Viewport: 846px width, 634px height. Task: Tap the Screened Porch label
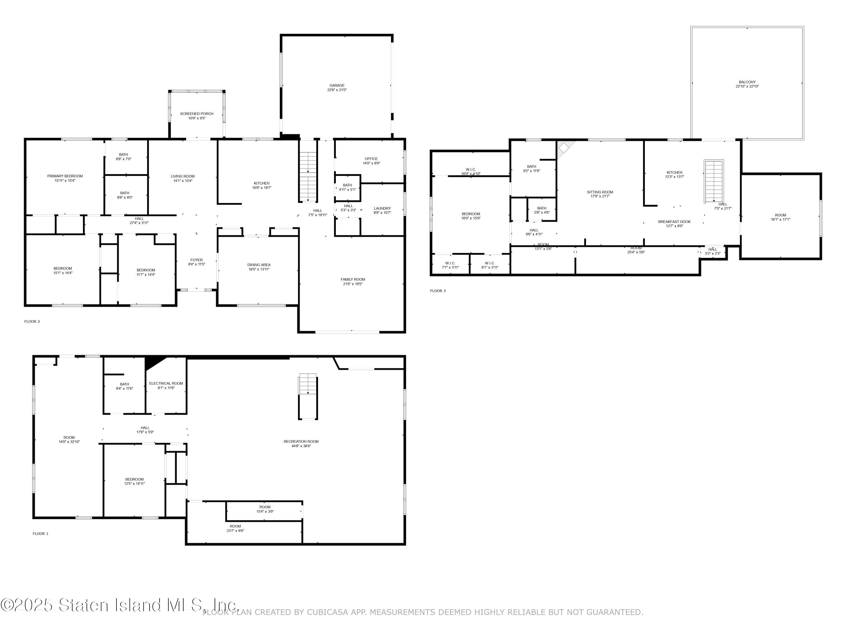(x=197, y=114)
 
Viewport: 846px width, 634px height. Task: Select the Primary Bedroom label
(x=65, y=176)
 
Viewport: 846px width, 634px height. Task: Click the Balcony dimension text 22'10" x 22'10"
(x=747, y=87)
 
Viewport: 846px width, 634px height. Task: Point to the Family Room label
(x=352, y=279)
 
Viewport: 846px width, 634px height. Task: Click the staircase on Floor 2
(x=308, y=176)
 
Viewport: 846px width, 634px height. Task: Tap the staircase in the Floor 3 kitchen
(x=714, y=181)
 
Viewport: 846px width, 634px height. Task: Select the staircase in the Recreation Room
(x=308, y=384)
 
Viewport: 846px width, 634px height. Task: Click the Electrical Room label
(x=166, y=383)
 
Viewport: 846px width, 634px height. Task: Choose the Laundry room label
(x=382, y=208)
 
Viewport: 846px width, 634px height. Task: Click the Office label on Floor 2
(x=371, y=159)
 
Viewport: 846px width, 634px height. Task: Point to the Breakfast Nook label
(x=674, y=222)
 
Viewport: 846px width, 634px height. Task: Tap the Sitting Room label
(x=600, y=192)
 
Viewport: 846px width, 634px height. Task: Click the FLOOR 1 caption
(x=41, y=533)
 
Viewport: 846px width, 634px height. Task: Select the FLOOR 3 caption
(x=438, y=291)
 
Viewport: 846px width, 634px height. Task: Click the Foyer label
(x=197, y=260)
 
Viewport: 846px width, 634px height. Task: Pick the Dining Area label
(x=259, y=265)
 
